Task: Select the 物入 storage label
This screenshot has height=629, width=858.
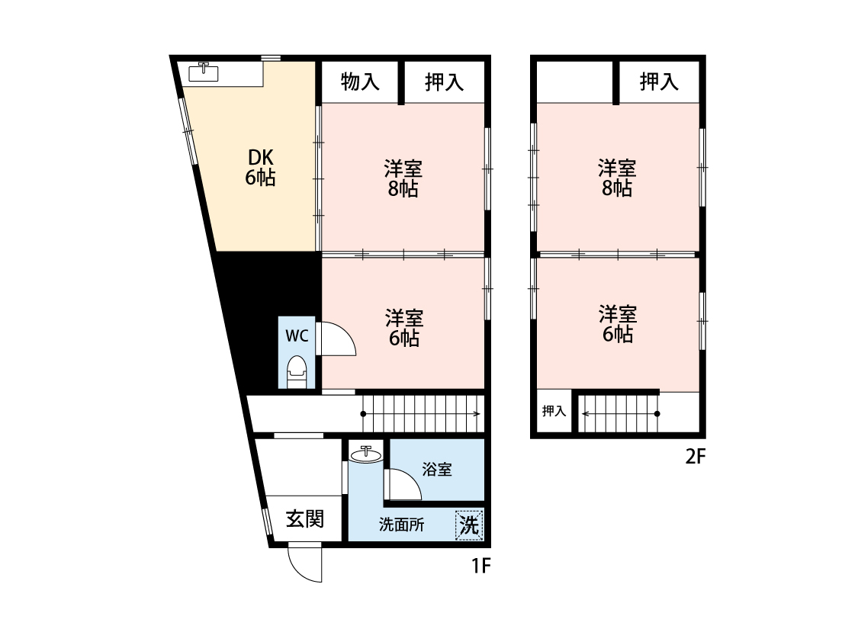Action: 360,82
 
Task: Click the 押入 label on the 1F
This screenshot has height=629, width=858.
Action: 444,82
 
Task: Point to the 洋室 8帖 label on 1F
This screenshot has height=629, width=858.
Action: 403,178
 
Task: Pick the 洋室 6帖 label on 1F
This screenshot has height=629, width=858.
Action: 403,327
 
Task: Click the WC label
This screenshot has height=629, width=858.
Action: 297,335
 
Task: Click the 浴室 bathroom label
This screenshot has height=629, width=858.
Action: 437,470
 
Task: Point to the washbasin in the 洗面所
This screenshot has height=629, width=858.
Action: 366,455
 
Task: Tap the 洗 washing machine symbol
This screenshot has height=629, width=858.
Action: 470,525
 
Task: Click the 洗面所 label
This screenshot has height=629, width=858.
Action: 402,525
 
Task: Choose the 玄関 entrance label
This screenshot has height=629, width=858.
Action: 305,519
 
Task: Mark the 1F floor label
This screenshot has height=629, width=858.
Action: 480,566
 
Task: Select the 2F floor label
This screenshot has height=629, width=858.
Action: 696,457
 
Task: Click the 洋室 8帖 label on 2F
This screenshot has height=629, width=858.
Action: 616,178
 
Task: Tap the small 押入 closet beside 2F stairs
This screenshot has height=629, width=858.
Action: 554,412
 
